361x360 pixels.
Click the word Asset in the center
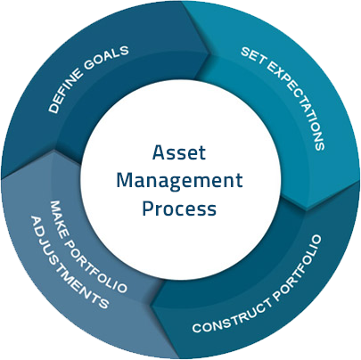point(179,152)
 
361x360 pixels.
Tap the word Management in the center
point(180,181)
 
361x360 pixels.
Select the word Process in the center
point(179,208)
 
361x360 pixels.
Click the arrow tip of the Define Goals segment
point(210,53)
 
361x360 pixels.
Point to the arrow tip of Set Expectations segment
point(307,210)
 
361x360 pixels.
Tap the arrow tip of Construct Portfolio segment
point(151,306)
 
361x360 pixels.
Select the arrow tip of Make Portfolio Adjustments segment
point(53,150)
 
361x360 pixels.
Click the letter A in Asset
point(159,152)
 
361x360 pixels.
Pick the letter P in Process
point(148,208)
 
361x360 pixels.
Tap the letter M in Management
point(125,180)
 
